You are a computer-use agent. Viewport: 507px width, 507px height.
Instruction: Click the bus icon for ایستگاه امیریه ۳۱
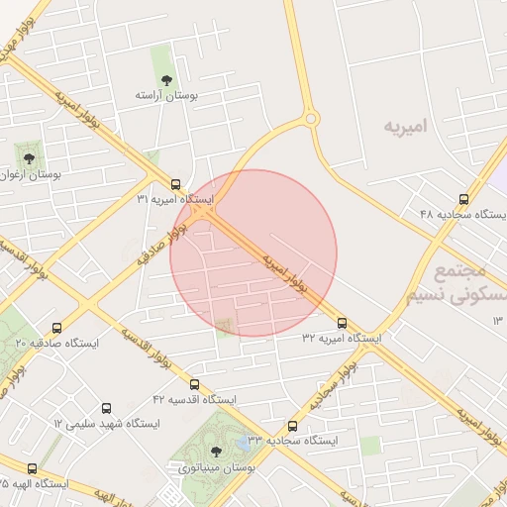coord(175,184)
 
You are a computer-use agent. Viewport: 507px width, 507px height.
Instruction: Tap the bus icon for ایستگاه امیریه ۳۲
coord(343,323)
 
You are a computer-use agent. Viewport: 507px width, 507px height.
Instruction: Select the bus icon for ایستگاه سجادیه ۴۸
coord(464,199)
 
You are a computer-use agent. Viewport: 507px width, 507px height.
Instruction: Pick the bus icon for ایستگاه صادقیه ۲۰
coord(56,328)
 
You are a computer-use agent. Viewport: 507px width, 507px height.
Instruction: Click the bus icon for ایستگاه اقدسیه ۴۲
coord(194,384)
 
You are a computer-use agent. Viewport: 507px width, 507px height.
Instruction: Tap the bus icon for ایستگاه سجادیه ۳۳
coord(291,426)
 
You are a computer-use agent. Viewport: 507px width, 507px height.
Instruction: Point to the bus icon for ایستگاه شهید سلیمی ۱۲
coord(107,408)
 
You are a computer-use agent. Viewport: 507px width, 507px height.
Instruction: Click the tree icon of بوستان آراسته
coord(164,79)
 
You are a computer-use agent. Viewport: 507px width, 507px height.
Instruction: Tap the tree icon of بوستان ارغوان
coord(27,156)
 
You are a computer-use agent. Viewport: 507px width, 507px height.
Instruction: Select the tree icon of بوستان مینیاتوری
coord(216,452)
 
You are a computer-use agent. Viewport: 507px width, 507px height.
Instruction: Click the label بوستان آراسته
coord(167,96)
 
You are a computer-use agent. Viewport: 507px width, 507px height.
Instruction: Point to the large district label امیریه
coord(410,127)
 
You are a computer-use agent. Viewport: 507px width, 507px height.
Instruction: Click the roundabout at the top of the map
coord(311,120)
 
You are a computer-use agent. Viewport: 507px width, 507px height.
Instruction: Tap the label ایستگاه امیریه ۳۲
coord(342,339)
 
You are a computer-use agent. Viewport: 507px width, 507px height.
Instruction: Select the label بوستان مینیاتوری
coord(217,467)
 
